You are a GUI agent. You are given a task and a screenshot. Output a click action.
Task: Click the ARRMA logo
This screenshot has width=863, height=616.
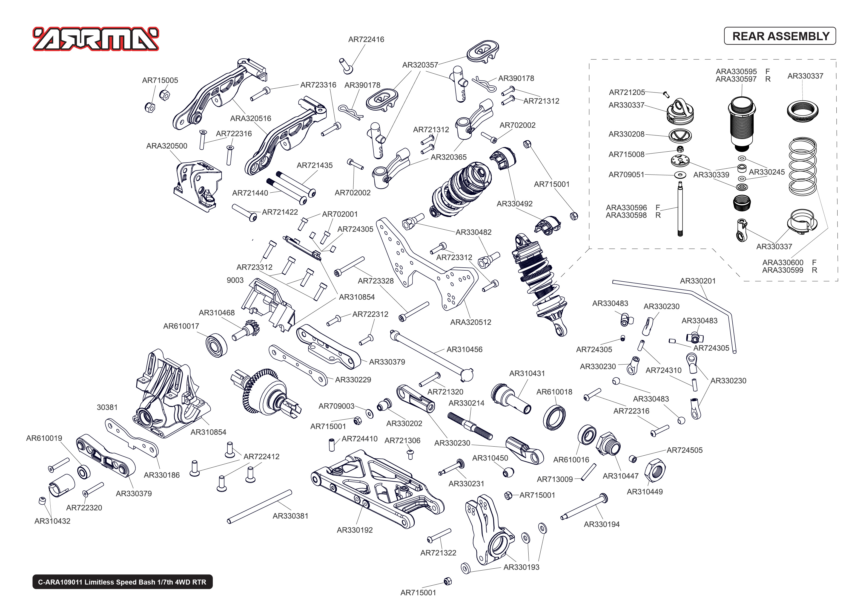click(x=96, y=39)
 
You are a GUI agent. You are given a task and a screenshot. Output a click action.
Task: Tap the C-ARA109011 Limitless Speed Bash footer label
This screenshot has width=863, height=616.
click(x=122, y=582)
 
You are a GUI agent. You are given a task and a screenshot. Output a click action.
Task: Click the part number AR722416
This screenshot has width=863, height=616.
click(x=366, y=39)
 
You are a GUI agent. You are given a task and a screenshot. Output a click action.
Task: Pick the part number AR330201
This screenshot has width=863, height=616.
click(x=698, y=281)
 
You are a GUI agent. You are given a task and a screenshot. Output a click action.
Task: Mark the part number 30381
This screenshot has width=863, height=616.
click(x=107, y=407)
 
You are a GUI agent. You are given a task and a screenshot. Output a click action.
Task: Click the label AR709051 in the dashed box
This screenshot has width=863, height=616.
click(x=626, y=175)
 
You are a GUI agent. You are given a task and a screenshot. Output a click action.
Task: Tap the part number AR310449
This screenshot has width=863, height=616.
click(x=644, y=491)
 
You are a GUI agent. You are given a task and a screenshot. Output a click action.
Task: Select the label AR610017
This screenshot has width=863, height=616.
click(x=181, y=326)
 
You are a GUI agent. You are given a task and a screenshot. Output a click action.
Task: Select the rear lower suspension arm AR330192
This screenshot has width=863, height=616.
click(x=376, y=489)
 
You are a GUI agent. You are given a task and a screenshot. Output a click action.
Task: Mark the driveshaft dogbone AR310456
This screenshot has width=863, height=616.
click(x=433, y=354)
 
